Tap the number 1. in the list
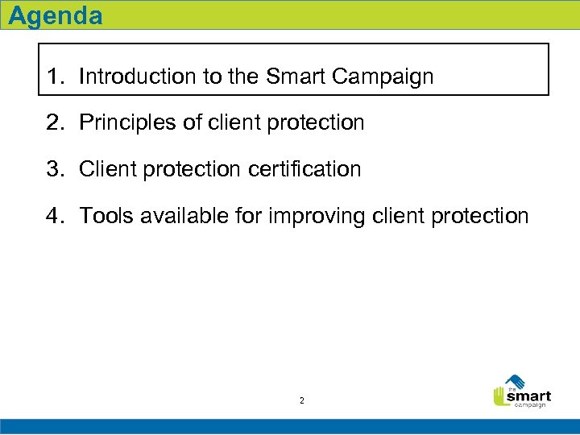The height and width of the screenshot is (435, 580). pos(56,77)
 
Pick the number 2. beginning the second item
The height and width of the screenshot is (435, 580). pos(56,123)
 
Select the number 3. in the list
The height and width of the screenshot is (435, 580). pos(56,170)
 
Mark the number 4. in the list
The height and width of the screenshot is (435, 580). pos(56,217)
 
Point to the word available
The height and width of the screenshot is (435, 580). pos(176,217)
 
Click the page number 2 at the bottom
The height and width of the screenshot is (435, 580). pos(301,400)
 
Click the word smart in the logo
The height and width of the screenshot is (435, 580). pos(528,396)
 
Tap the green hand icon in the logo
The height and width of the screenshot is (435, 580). pos(499,396)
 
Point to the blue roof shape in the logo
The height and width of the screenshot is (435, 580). pos(516,380)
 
